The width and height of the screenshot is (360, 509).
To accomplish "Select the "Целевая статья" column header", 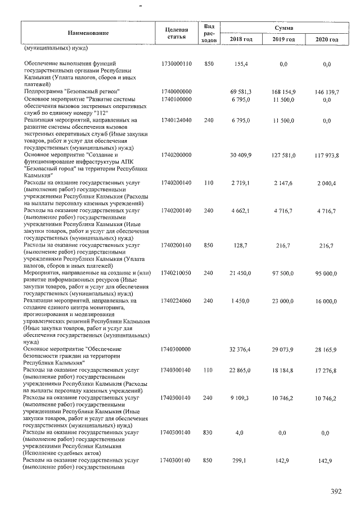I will (x=177, y=33).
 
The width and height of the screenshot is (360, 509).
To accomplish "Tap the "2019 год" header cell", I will (x=283, y=39).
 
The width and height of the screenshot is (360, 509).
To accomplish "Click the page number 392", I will (x=336, y=492).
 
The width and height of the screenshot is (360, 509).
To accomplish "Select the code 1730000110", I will (x=177, y=65).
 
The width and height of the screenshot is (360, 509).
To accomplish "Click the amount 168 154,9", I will (x=284, y=92).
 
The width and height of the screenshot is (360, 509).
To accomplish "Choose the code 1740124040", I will (x=177, y=120).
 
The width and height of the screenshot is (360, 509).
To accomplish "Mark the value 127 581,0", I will (x=284, y=155).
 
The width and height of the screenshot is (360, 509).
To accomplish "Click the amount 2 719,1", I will (x=242, y=184).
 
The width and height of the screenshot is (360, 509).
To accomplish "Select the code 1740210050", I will (x=177, y=273).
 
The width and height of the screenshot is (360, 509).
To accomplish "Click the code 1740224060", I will (x=177, y=301).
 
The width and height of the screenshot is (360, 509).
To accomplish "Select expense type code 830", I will (x=209, y=433).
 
